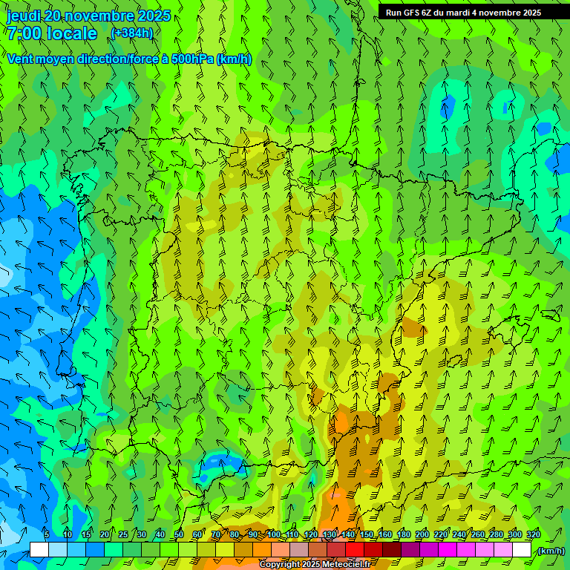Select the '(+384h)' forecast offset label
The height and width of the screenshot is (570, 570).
(x=131, y=33)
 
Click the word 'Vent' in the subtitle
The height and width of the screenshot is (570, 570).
(x=21, y=59)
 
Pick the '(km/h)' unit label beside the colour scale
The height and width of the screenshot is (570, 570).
(x=551, y=551)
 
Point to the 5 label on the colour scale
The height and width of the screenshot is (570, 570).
(x=47, y=534)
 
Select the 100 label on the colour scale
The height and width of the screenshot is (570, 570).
(x=273, y=534)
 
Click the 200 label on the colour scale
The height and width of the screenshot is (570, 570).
(x=422, y=534)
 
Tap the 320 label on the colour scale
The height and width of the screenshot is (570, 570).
(x=534, y=534)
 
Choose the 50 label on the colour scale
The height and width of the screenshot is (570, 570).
(x=179, y=534)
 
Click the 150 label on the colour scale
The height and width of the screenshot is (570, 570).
(x=367, y=534)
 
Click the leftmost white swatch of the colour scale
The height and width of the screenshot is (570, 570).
(x=39, y=550)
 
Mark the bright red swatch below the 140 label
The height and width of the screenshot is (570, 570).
(x=355, y=550)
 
